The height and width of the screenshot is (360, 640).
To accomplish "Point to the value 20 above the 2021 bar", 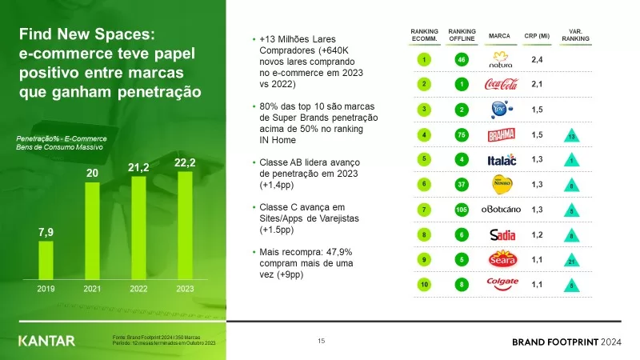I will coord(92,173).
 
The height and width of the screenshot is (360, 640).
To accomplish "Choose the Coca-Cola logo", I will coord(502,84).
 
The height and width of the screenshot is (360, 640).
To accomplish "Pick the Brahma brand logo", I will coord(502,134).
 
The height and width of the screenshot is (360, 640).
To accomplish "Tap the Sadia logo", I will coord(502,234).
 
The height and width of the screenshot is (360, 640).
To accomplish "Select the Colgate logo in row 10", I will coord(502,283).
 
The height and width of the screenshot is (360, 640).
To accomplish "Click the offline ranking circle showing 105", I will coord(461,210).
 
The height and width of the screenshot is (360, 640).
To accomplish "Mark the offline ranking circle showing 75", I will coord(461,134).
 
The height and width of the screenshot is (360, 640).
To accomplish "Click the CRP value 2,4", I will coord(538,59).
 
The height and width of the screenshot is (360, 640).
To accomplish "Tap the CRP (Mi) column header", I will coord(538,35).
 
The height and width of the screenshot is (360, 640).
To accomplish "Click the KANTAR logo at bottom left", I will coord(46,341).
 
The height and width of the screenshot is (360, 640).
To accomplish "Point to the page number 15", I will coord(321,342).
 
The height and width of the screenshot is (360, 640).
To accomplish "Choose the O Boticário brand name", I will coord(502,210).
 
